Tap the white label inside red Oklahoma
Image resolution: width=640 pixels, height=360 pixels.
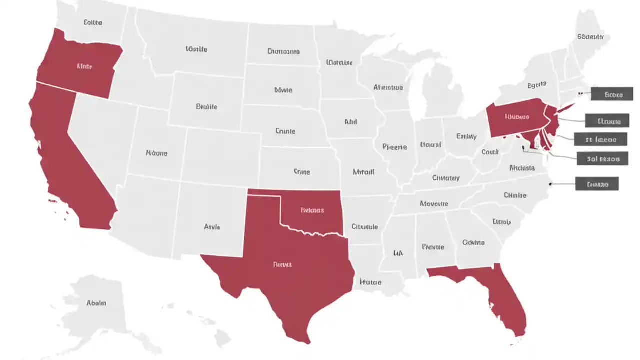pos(312,210)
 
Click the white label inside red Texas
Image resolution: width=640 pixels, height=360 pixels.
pos(282,264)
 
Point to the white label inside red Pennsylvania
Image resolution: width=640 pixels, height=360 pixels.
pos(517,117)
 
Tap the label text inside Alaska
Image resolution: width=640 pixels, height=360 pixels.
pos(96,303)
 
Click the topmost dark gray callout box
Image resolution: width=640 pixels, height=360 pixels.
pos(612,94)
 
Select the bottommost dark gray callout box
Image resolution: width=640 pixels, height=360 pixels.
pos(597,184)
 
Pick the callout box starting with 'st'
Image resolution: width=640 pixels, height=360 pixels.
pos(600,139)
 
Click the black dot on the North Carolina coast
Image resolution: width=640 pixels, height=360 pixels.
pos(551,184)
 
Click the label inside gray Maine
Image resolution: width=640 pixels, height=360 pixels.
pos(590,36)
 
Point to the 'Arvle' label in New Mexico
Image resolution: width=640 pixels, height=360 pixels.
pos(212,227)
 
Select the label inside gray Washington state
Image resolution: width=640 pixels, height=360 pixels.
pos(93,22)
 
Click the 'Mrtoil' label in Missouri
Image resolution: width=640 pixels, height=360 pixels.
pos(363,172)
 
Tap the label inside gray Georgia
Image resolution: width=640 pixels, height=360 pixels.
pos(473,242)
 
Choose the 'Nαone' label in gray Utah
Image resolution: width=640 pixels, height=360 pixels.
pos(156,153)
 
